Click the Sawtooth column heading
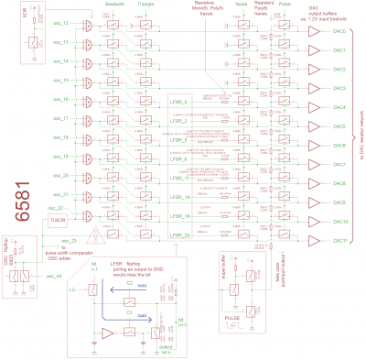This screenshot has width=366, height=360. [x=114, y=5]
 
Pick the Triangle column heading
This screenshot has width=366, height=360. [x=145, y=5]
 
